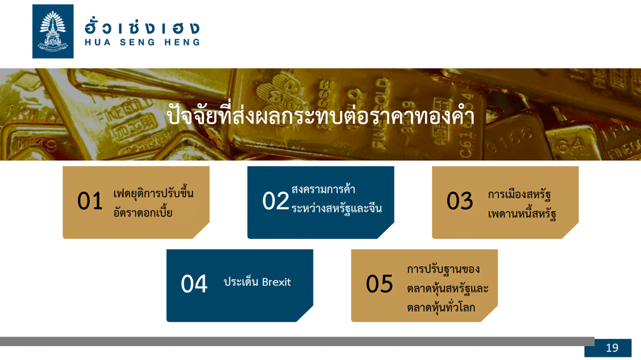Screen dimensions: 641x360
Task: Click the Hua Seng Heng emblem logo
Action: (53, 32)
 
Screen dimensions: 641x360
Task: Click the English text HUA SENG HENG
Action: (143, 42)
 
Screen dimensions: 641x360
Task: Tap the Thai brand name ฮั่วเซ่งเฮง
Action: (143, 27)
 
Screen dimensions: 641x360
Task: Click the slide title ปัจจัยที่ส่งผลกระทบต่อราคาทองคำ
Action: (320, 115)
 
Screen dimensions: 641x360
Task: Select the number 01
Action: (90, 201)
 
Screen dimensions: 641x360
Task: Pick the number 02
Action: (276, 201)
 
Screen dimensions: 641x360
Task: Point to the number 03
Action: (459, 201)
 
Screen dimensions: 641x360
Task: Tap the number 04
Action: (194, 284)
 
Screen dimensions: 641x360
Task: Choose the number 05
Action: (379, 284)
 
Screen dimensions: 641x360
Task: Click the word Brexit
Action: (276, 282)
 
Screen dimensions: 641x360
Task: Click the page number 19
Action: (612, 348)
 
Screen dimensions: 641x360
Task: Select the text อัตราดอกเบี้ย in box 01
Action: (143, 212)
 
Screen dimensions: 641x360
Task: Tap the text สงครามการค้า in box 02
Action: (324, 189)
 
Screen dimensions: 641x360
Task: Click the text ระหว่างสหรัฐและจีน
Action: (336, 209)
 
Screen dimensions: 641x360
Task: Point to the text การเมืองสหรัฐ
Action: (519, 194)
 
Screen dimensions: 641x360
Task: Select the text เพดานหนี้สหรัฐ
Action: (522, 213)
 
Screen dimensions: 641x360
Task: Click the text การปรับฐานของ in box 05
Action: (443, 269)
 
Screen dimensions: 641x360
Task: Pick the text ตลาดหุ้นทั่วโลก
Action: (441, 307)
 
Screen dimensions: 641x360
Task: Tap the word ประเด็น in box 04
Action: (241, 281)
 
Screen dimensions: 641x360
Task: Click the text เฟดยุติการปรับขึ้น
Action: (153, 193)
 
